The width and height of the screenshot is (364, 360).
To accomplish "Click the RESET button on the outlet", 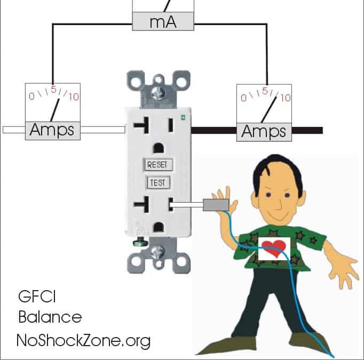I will tap(158, 165).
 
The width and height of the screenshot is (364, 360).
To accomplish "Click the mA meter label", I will tap(163, 22).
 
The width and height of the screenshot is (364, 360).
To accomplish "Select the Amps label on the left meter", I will tap(53, 130).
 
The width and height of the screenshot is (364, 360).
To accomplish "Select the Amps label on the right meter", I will tap(264, 131).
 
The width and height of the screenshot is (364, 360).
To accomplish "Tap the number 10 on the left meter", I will tap(73, 97).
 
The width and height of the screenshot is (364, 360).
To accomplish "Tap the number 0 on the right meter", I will tap(243, 98).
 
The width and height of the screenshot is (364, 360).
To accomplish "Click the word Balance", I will tap(50, 317).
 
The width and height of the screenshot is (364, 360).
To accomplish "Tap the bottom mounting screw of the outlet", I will tap(158, 253).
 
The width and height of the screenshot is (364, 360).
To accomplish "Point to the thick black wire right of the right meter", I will tap(307, 130).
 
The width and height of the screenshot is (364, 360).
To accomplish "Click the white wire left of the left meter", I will tap(13, 130).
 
